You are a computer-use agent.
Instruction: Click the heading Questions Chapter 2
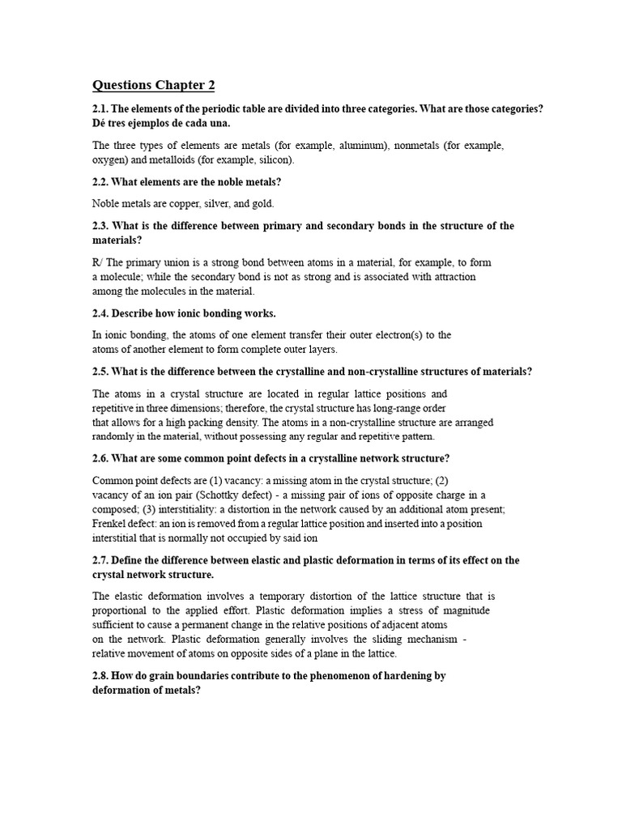click(x=154, y=85)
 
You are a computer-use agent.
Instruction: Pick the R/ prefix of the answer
click(x=99, y=262)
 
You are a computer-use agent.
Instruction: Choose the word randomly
click(x=115, y=436)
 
